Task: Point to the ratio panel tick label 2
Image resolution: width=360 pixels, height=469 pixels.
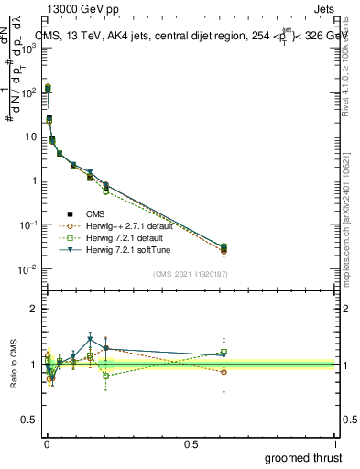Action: point(32,309)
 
